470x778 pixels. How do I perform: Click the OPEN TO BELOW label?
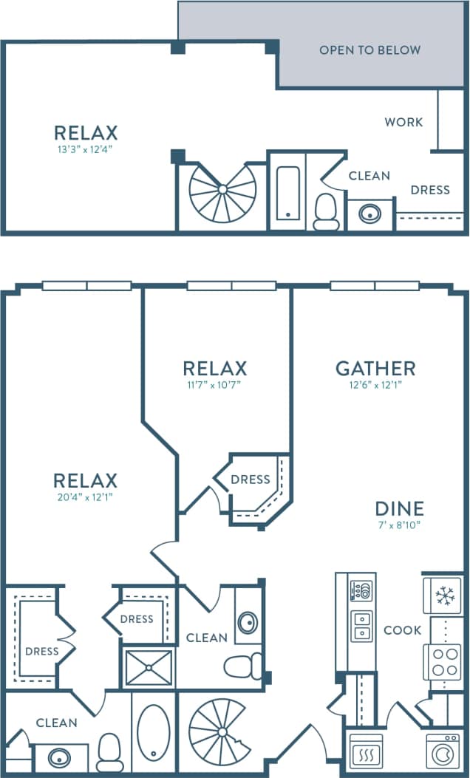(x=369, y=50)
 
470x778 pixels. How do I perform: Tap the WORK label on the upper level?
(x=403, y=122)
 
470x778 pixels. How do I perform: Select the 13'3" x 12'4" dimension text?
(x=86, y=149)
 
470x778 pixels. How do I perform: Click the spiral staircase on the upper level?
(x=222, y=191)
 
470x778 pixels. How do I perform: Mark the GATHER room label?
(x=375, y=368)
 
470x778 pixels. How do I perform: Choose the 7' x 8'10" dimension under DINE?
(x=399, y=525)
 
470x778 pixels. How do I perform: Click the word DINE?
(x=399, y=508)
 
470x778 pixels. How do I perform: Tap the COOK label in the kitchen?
(x=403, y=630)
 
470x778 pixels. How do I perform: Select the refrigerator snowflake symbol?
(x=443, y=596)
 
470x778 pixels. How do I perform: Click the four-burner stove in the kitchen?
(x=443, y=661)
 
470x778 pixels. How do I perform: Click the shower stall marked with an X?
(x=149, y=668)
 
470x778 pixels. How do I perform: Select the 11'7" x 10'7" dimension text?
(x=214, y=384)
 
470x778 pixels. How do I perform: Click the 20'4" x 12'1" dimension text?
(x=86, y=497)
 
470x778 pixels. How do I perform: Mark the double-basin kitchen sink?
(x=361, y=625)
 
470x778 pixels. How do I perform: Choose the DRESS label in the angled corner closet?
(x=250, y=480)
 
